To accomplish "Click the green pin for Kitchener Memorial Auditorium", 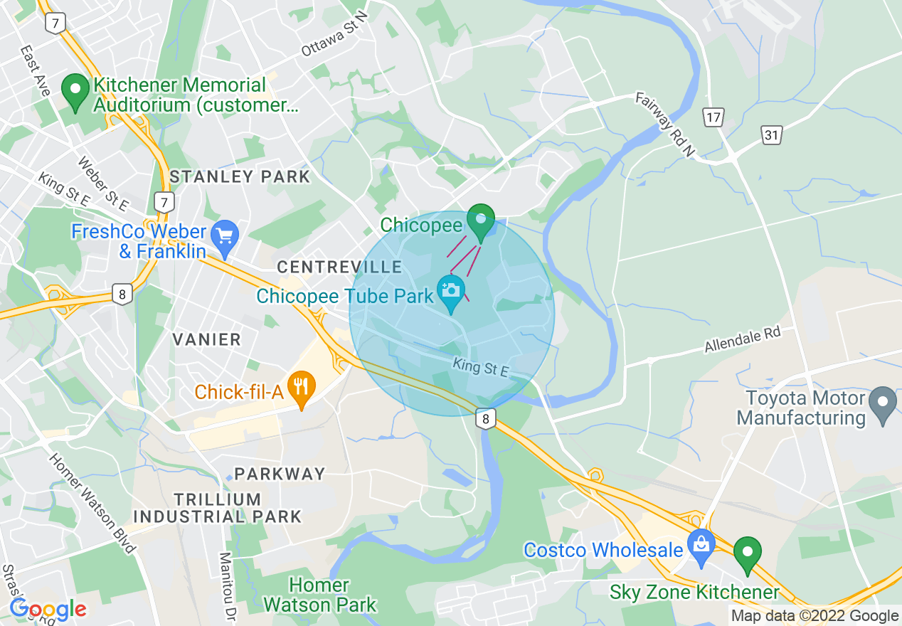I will coord(75,92).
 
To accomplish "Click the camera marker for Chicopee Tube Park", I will coord(451,292).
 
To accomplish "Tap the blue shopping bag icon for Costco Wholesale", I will coord(701,547).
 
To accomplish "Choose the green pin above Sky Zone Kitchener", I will coord(748,554).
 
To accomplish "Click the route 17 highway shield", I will coord(713,117).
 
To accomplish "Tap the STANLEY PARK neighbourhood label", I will coord(240,176).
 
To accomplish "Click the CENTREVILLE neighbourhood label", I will coord(339,267).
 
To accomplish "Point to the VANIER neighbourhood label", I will coord(207,339).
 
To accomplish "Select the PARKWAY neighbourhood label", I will coord(280,474).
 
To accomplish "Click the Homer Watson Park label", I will coord(319,595).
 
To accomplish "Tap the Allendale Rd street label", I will coord(742,341).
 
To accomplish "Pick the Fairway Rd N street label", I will coord(665,125).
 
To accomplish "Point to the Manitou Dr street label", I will coord(227,585).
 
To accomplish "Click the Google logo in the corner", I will coord(47,609).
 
